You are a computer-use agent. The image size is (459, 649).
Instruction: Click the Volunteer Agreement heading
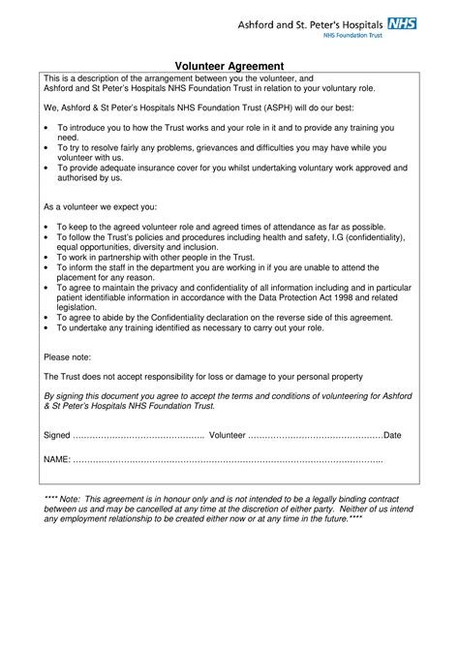pyautogui.click(x=229, y=65)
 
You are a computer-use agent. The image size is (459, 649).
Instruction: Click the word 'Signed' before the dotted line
pyautogui.click(x=57, y=436)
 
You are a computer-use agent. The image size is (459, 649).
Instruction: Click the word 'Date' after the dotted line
pyautogui.click(x=392, y=436)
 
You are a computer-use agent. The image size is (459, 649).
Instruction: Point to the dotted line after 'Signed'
pyautogui.click(x=138, y=436)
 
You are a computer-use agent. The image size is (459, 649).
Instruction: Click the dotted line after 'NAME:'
pyautogui.click(x=228, y=457)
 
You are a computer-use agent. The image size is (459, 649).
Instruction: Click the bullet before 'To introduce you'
pyautogui.click(x=47, y=128)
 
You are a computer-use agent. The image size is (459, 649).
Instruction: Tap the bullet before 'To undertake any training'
pyautogui.click(x=47, y=327)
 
